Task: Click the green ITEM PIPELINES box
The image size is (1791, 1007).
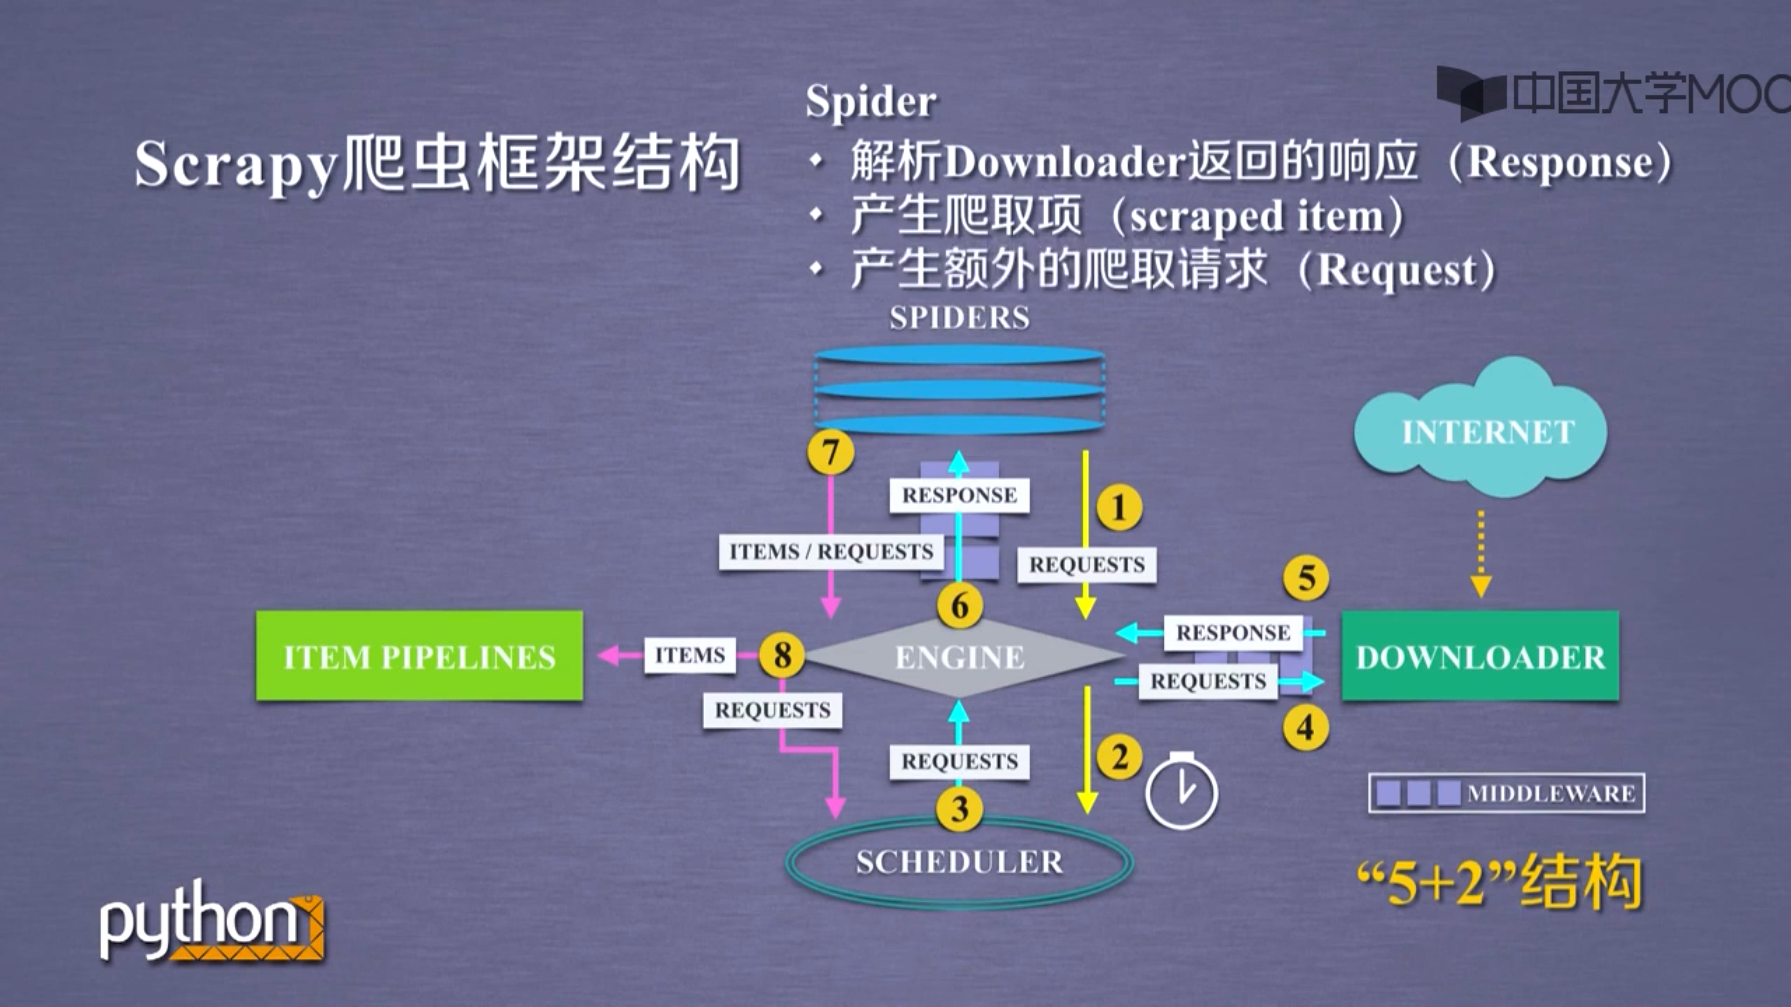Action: point(419,655)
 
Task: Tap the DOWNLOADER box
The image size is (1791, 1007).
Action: point(1479,656)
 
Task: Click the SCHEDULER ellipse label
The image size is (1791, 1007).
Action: point(959,862)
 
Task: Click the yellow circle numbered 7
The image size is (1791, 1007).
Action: point(830,452)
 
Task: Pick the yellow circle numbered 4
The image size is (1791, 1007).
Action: point(1305,728)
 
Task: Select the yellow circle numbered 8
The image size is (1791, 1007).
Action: point(782,655)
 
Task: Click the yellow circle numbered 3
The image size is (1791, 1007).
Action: point(959,809)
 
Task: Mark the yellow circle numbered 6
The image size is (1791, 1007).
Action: point(959,606)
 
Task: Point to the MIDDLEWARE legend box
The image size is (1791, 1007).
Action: point(1506,793)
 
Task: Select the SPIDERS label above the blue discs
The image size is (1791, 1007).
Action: point(959,317)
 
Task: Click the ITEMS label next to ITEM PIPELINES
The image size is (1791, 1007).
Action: point(690,655)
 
